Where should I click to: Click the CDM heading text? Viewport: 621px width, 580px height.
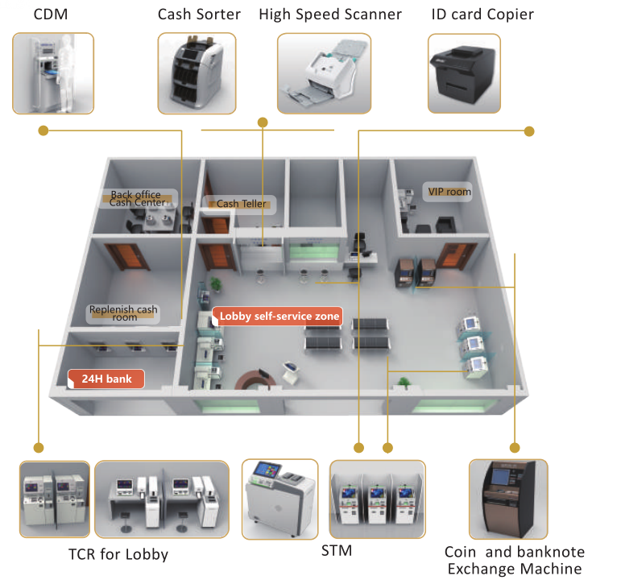point(51,14)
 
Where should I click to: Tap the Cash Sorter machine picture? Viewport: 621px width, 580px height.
point(197,73)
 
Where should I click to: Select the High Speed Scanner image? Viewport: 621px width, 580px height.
point(324,73)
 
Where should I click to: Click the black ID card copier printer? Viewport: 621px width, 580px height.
point(462,73)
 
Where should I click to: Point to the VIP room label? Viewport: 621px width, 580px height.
point(449,192)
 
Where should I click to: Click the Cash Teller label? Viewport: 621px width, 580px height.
point(241,204)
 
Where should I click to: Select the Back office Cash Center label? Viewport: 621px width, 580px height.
point(137,198)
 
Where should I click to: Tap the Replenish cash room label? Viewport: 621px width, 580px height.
point(123,313)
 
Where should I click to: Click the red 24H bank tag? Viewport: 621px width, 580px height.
point(106,379)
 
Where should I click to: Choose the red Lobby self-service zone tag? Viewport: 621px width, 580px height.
point(277,316)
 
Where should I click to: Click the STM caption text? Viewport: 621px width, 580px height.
point(336,551)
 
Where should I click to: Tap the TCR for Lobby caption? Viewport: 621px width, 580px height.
point(118,554)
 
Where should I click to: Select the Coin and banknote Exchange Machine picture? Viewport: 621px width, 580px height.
point(508,499)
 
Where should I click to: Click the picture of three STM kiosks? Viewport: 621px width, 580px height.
point(378,499)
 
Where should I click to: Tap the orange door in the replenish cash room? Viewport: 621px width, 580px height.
point(126,256)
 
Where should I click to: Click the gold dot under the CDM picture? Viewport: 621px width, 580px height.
point(43,130)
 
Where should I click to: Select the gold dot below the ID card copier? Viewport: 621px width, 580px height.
point(529,131)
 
